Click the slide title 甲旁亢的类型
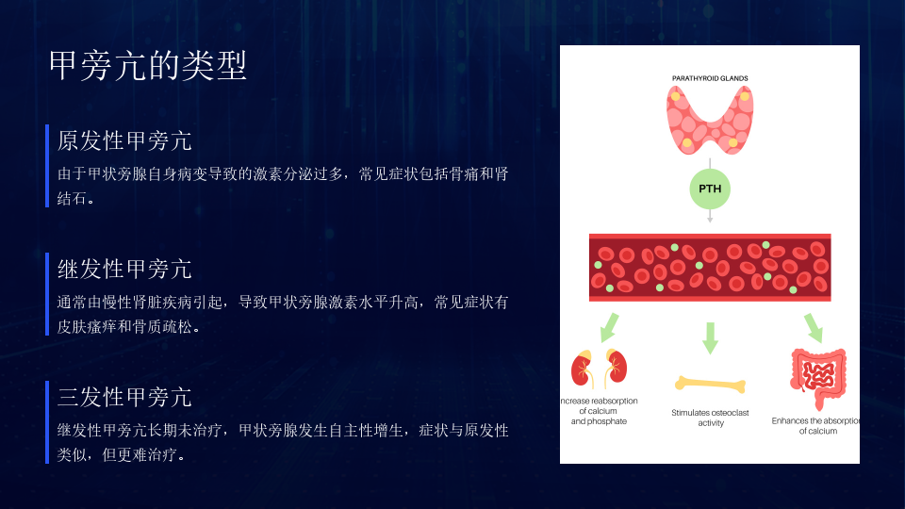click(148, 65)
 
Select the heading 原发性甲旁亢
click(124, 140)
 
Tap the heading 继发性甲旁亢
click(124, 269)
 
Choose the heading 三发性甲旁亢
click(124, 397)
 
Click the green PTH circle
click(710, 189)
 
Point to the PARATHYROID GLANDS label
click(710, 78)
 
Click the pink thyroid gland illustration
click(710, 120)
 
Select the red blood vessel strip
click(710, 267)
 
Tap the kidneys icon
click(600, 369)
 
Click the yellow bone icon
click(711, 384)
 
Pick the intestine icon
click(818, 378)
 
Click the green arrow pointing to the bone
click(711, 338)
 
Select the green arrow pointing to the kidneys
click(609, 328)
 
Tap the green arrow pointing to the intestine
click(814, 328)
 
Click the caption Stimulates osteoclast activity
click(711, 418)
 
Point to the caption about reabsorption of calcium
click(600, 411)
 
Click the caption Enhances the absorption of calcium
click(816, 426)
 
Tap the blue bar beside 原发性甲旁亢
click(47, 166)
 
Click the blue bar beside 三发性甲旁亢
click(47, 422)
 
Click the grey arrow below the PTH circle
click(710, 216)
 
